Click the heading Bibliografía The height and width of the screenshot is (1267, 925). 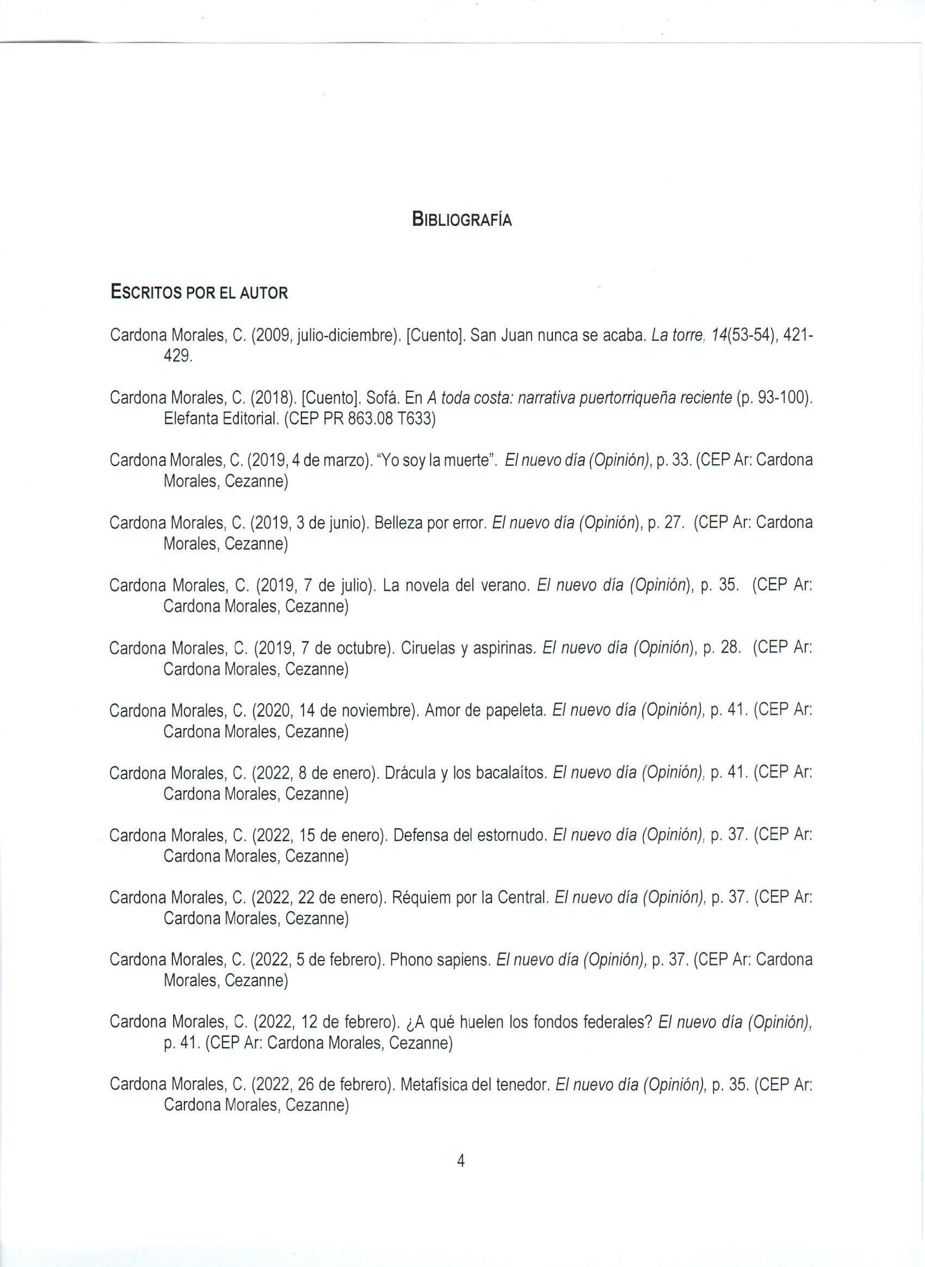[461, 219]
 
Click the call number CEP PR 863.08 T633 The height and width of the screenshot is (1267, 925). [360, 419]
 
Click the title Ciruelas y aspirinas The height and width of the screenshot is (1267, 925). [469, 648]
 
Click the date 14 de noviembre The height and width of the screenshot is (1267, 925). [359, 711]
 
